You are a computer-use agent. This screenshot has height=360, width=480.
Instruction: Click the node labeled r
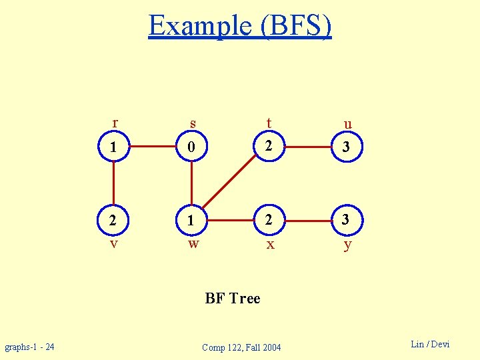click(x=114, y=147)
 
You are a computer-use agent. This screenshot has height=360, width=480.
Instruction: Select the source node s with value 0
click(x=191, y=147)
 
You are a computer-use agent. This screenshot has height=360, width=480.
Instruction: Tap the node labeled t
click(x=269, y=147)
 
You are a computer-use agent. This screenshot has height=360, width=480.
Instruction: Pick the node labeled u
click(x=346, y=147)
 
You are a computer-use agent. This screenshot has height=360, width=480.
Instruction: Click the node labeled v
click(x=114, y=220)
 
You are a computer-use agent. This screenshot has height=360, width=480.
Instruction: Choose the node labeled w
click(x=191, y=220)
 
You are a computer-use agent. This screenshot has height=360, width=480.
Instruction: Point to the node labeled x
click(x=269, y=220)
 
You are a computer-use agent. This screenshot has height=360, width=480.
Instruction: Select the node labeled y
click(x=346, y=220)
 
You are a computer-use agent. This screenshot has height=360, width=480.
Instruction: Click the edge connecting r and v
click(x=114, y=183)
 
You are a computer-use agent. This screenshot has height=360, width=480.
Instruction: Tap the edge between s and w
click(x=191, y=183)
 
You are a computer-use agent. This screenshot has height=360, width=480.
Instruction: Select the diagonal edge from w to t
click(x=230, y=183)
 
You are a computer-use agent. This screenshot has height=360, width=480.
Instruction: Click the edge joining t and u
click(x=307, y=147)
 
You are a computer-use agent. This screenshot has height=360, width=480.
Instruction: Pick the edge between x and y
click(x=307, y=220)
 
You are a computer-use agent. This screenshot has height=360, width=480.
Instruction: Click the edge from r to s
click(x=153, y=147)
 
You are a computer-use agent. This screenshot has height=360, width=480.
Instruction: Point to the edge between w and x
click(x=230, y=220)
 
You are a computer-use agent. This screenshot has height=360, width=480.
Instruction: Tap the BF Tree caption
click(x=233, y=299)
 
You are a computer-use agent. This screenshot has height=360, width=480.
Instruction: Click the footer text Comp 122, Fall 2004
click(x=241, y=347)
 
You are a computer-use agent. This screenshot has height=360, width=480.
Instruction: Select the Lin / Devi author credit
click(x=430, y=344)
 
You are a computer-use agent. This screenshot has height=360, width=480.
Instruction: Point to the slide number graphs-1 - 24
click(x=30, y=347)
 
